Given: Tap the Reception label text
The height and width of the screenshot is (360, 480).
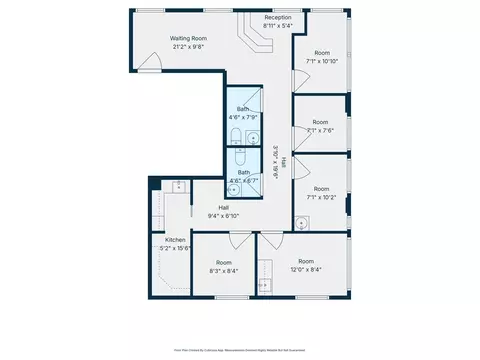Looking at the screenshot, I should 278,18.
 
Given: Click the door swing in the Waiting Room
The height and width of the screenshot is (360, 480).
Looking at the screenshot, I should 149,63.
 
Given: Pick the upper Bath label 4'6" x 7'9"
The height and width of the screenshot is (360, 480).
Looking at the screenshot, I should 243,113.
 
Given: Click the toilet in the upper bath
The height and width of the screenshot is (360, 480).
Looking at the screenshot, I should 234,136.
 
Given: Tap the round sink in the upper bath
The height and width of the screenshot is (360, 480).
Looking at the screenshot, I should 251,137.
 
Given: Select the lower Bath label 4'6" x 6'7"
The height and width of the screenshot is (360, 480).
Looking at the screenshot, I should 243,176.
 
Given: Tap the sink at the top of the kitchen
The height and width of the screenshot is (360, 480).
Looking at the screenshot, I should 177,185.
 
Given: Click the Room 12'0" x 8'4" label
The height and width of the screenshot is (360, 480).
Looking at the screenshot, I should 305,265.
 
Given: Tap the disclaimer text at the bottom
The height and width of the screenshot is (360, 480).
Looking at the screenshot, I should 240,349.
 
